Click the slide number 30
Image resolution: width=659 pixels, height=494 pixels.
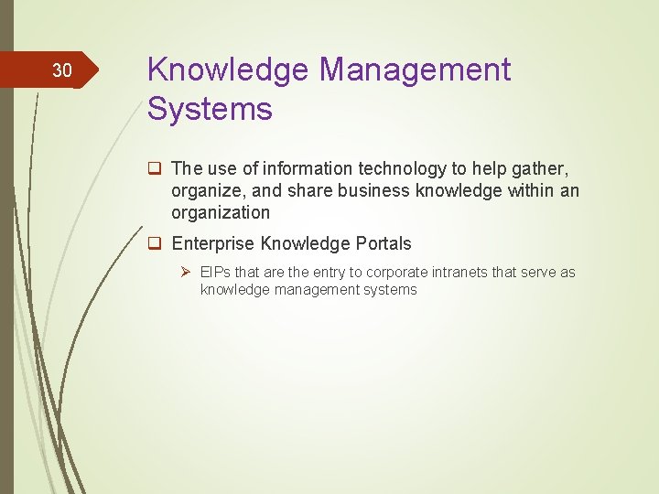(61, 70)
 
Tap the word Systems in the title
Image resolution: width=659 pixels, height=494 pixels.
(210, 110)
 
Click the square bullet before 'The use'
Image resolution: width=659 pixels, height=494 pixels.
(155, 168)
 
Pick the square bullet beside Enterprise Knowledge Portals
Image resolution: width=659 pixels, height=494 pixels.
(155, 243)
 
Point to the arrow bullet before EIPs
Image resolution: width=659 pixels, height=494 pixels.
(185, 272)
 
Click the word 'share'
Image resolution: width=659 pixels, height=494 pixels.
(319, 190)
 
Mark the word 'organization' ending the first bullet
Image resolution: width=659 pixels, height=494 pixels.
(221, 212)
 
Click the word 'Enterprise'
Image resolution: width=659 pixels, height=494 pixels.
(213, 243)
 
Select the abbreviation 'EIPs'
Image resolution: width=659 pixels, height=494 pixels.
(216, 273)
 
